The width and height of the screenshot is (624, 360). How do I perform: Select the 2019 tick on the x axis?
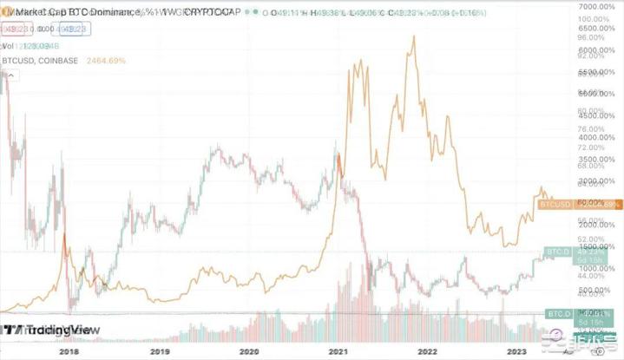pyautogui.click(x=158, y=351)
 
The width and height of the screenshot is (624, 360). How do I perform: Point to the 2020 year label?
pyautogui.click(x=248, y=351)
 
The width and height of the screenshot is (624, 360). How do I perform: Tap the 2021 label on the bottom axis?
pyautogui.click(x=338, y=351)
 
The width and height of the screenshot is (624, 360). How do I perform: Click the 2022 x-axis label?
pyautogui.click(x=428, y=351)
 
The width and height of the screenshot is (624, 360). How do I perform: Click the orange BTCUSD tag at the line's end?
pyautogui.click(x=555, y=205)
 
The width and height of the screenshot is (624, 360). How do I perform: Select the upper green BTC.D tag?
pyautogui.click(x=556, y=252)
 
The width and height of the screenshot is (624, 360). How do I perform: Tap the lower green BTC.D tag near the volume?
pyautogui.click(x=556, y=312)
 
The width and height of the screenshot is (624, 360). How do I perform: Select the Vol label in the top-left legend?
pyautogui.click(x=8, y=45)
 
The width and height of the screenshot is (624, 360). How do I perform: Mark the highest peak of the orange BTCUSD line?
pyautogui.click(x=413, y=36)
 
